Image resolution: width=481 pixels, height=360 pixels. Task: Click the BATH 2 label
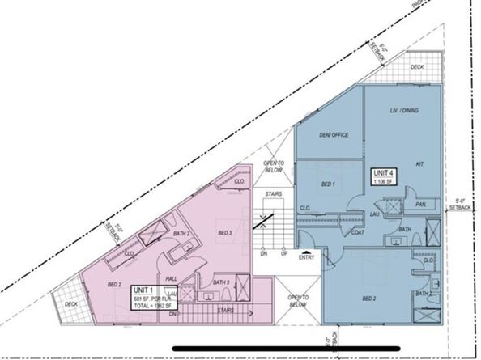point(183,234)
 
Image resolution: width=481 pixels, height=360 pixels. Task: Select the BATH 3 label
point(219,282)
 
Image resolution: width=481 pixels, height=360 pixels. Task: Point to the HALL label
point(172,277)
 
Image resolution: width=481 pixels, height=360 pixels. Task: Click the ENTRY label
point(308,259)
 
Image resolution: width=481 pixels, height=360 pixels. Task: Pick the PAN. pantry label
point(422,205)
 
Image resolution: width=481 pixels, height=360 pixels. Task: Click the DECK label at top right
point(419,67)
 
